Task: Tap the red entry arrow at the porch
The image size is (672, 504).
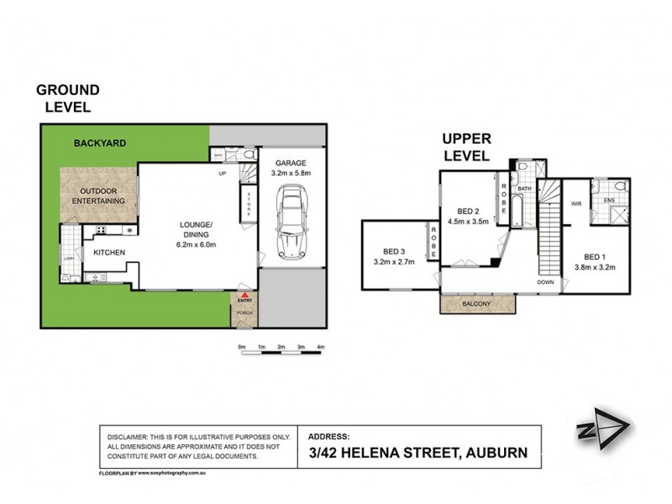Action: (x=244, y=297)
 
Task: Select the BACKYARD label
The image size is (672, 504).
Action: (x=99, y=144)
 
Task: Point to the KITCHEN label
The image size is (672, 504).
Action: (x=108, y=252)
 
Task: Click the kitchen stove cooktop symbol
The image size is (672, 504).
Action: (x=102, y=230)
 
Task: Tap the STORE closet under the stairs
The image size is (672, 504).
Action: (x=248, y=204)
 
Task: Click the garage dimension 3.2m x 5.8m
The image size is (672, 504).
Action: (x=291, y=173)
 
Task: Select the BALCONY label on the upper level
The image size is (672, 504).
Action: (x=476, y=304)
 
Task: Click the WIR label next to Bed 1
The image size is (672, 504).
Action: (x=577, y=203)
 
